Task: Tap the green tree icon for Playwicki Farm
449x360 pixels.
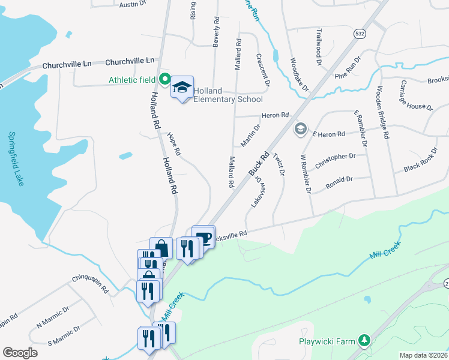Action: coord(363,341)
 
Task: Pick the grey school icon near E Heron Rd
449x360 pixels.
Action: coord(300,129)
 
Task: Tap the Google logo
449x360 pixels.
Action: coord(20,353)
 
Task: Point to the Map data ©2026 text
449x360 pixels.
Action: coord(423,355)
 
